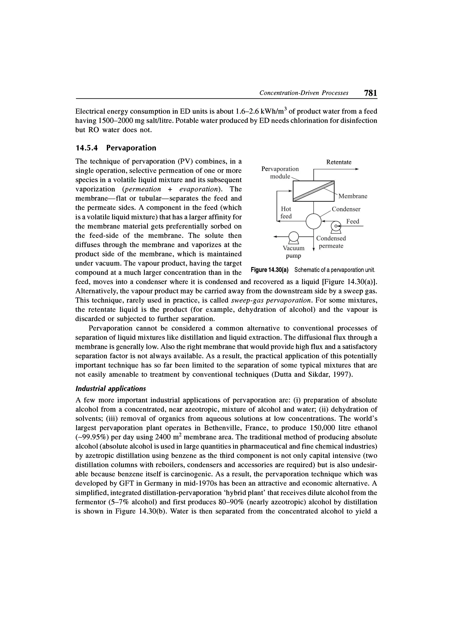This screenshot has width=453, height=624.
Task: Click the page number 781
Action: [370, 93]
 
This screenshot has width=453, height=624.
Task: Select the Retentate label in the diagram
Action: [338, 162]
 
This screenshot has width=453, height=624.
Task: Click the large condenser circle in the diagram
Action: [313, 221]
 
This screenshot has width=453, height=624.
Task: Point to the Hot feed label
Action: [286, 213]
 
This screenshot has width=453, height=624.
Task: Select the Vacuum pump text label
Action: [293, 252]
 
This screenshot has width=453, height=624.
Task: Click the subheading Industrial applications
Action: [110, 389]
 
